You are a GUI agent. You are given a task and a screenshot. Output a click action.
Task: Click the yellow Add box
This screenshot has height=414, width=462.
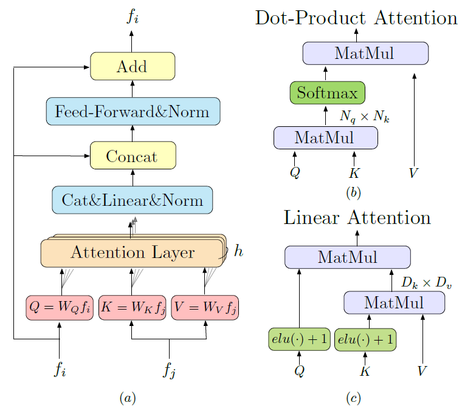[x=133, y=66]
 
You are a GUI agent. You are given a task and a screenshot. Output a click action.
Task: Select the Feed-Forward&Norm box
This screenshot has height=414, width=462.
[x=133, y=111]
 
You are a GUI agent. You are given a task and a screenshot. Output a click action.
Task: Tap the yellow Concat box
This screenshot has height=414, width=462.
[x=133, y=156]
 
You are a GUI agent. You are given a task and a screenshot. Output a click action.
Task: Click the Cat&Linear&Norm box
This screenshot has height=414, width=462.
[x=133, y=200]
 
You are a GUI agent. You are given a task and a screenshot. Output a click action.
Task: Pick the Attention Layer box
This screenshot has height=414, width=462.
[x=132, y=253]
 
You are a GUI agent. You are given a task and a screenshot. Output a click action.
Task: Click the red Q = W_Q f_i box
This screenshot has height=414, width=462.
[x=59, y=307]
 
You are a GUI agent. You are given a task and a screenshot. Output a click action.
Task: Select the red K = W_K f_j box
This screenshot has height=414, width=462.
[x=132, y=307]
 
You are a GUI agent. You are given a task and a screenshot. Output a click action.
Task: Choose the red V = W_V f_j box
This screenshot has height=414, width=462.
[x=205, y=307]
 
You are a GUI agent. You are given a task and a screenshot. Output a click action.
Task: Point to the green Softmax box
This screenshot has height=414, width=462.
[x=327, y=93]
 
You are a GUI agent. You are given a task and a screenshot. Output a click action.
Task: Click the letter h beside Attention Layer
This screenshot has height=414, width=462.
[x=239, y=250]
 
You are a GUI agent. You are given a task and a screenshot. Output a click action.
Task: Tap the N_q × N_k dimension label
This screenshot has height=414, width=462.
[x=365, y=117]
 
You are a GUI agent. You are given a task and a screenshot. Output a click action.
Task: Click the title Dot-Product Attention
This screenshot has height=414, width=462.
[x=356, y=18]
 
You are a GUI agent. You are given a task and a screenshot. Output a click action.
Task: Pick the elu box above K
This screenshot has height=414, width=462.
[x=365, y=339]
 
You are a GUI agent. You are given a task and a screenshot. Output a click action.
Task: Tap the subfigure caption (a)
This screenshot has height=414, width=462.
[x=128, y=398]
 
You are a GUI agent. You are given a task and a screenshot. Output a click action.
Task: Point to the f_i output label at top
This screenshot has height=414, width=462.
[x=132, y=17]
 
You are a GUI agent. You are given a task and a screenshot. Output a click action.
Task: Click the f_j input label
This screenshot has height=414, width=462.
[x=169, y=370]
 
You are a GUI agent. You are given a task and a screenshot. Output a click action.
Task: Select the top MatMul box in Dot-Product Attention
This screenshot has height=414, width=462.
[x=365, y=53]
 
